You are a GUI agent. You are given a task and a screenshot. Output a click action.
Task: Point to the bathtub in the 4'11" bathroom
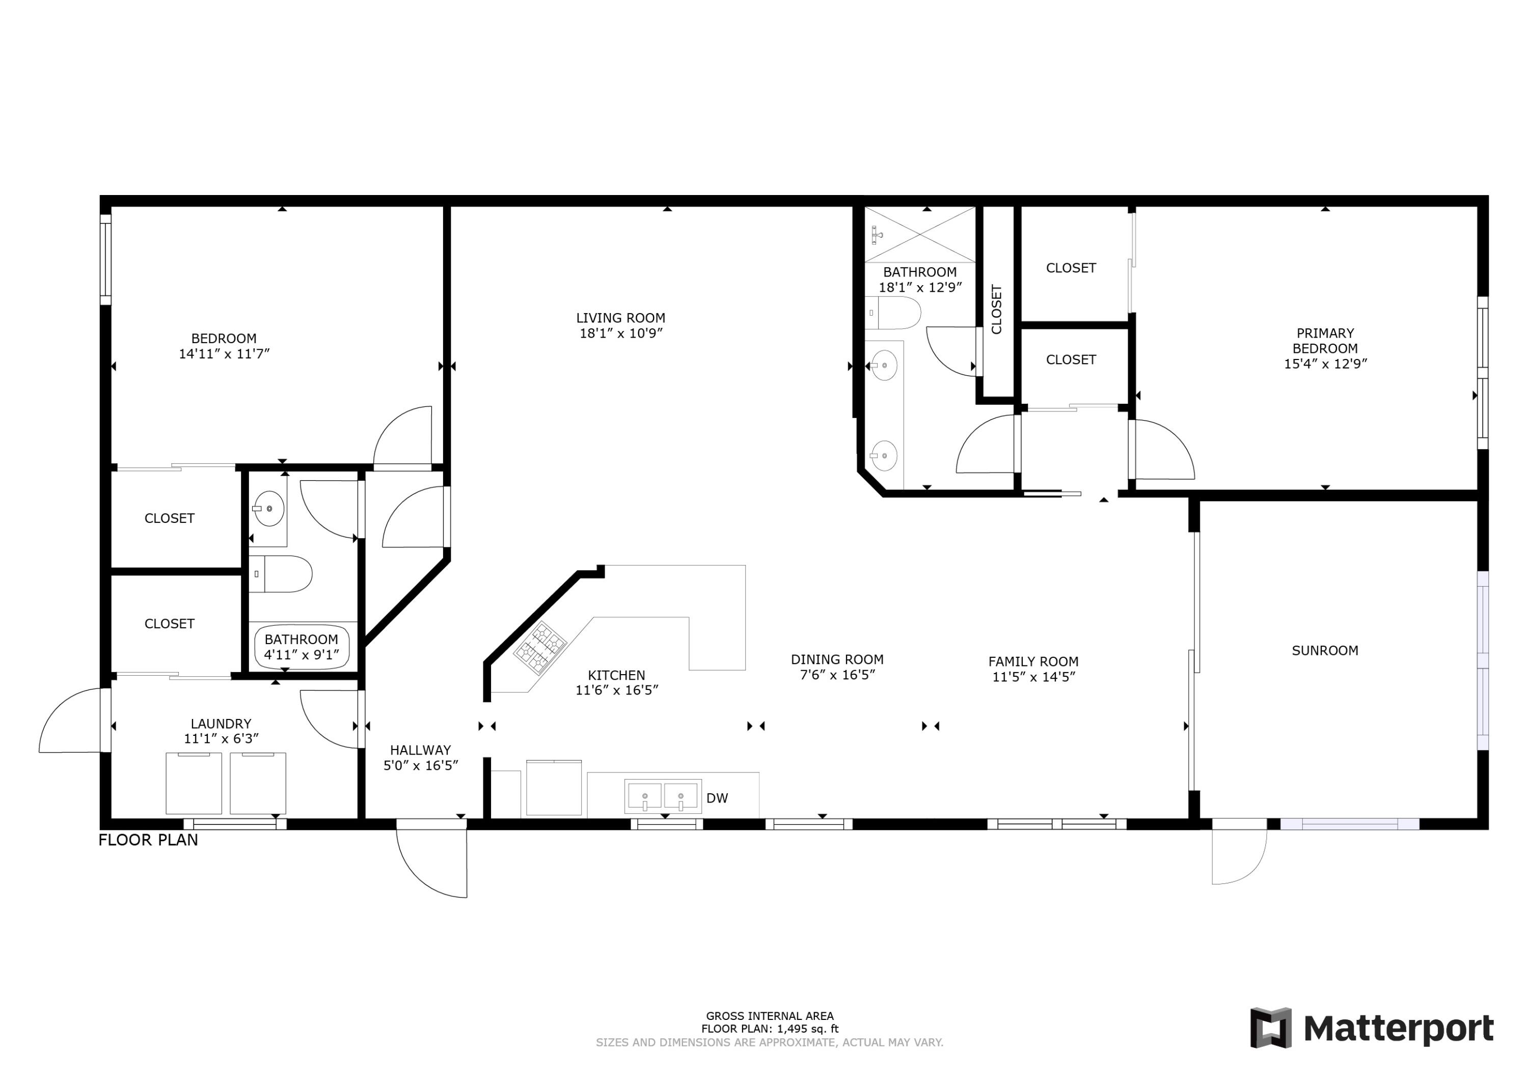302,647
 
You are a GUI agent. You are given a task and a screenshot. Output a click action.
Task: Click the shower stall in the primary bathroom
920,234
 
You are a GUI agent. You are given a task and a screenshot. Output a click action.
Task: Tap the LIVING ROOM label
620,318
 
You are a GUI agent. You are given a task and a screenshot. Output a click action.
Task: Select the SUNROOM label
1324,651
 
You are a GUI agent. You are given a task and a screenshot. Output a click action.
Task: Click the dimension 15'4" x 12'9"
1325,364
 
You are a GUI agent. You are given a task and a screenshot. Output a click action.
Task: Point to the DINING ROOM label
836,659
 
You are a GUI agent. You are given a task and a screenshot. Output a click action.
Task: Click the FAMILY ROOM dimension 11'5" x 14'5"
1033,677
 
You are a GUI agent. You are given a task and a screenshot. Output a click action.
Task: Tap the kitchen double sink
663,796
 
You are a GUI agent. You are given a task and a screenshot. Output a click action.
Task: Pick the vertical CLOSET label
996,310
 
